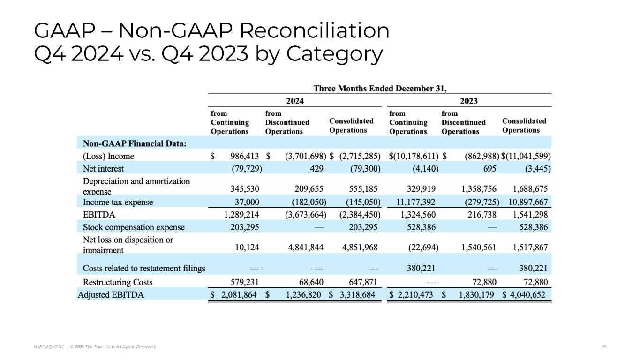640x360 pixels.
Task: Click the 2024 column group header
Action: tap(295, 101)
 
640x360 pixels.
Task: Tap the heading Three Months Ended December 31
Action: tap(380, 88)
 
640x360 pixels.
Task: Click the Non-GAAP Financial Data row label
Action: tap(134, 143)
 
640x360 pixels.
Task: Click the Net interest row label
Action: tap(103, 168)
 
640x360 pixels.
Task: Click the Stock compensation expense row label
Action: tap(134, 227)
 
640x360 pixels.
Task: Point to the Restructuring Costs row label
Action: tap(117, 282)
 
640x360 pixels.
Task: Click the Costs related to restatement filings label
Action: tap(144, 269)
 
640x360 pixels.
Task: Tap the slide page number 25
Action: tap(604, 347)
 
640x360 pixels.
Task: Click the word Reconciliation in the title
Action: tap(315, 31)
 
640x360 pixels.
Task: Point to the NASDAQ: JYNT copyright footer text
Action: tap(95, 347)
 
